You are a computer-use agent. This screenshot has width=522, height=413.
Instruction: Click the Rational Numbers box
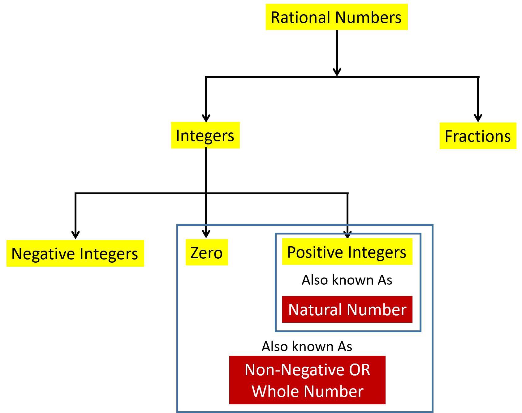(x=337, y=17)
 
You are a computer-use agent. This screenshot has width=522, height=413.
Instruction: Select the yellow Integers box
(x=205, y=135)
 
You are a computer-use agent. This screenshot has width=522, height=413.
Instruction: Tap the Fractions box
(x=478, y=136)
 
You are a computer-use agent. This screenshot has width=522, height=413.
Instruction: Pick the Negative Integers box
(x=75, y=253)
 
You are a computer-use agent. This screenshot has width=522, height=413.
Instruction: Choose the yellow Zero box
(x=207, y=252)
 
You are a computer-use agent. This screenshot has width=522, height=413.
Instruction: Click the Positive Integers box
(x=347, y=252)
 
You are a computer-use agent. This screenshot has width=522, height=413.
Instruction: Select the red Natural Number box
(x=347, y=309)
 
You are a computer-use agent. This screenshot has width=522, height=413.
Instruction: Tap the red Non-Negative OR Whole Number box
(x=307, y=380)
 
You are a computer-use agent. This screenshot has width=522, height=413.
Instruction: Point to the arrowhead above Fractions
(x=478, y=118)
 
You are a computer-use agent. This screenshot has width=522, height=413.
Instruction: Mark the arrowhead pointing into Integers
(x=206, y=118)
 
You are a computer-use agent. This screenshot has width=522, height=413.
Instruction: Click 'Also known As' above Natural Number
(x=347, y=280)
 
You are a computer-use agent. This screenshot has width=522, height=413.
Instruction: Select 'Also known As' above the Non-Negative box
(x=307, y=346)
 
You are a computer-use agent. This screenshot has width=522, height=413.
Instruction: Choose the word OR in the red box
(x=359, y=369)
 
